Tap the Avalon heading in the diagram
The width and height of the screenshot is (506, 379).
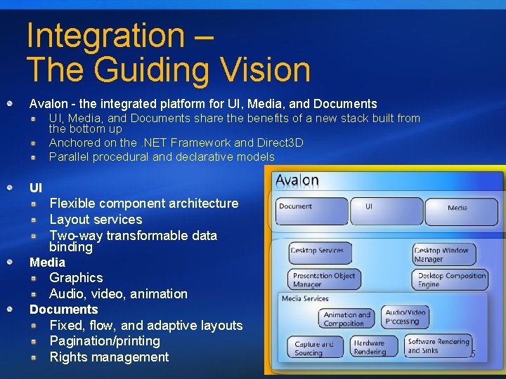(x=297, y=181)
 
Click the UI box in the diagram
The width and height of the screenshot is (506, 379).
(x=385, y=210)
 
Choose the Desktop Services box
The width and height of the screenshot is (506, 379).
(x=317, y=253)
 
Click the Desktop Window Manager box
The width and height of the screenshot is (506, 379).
(x=443, y=254)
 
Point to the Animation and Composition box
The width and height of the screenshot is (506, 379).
(x=346, y=319)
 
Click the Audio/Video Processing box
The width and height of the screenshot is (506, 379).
(x=406, y=317)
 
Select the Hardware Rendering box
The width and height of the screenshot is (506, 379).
(x=370, y=347)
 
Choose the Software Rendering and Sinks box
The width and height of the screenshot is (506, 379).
(x=439, y=346)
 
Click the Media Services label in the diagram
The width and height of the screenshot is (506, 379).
(x=305, y=299)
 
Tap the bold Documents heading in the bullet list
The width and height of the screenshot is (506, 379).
(x=64, y=310)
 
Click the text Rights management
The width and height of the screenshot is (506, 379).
(x=109, y=357)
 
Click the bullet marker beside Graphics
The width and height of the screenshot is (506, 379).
(x=34, y=278)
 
